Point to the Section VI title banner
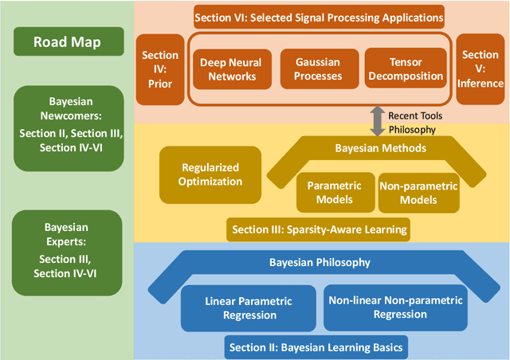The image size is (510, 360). click(319, 16)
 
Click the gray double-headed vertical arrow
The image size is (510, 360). click(375, 121)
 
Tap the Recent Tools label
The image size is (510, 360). click(416, 115)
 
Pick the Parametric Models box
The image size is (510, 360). click(334, 192)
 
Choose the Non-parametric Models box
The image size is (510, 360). click(418, 192)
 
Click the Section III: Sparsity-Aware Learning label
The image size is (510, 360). click(319, 229)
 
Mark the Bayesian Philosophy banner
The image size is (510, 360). click(319, 262)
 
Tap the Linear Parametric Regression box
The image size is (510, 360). click(249, 307)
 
